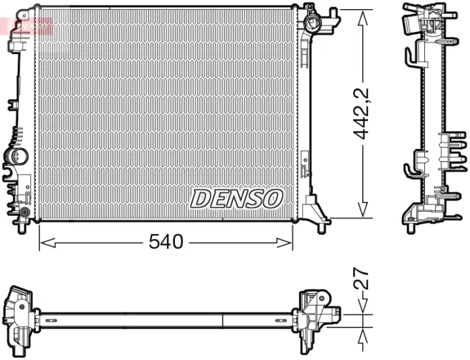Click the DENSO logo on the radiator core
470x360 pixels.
pos(236,198)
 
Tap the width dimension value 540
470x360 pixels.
pos(166,242)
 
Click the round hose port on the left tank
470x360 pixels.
pos(14,157)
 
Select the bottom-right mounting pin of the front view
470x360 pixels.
pos(321,227)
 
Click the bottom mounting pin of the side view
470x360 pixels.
pos(411,228)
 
